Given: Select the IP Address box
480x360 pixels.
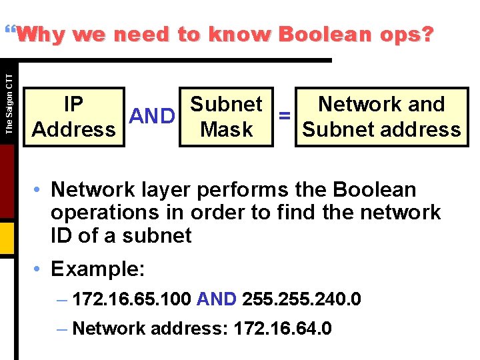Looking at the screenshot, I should (x=73, y=117).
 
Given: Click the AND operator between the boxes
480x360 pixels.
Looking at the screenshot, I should (x=152, y=117).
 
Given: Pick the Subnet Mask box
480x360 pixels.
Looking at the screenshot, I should (x=226, y=117).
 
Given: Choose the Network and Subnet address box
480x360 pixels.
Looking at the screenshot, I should (x=381, y=117).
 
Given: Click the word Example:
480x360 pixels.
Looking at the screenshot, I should (x=97, y=269).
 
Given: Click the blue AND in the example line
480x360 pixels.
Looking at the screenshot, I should (x=217, y=299).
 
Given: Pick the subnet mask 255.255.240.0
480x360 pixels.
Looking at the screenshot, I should (x=302, y=299).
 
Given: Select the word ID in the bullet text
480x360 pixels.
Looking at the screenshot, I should (x=62, y=235).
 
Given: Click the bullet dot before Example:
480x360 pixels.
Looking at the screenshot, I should (x=39, y=269).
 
